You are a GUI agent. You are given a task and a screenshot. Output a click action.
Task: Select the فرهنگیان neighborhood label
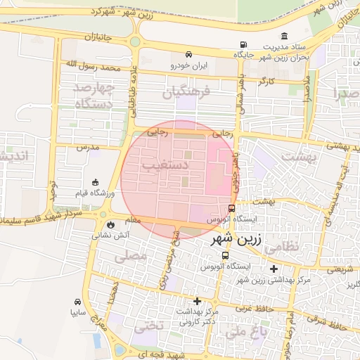point(188,92)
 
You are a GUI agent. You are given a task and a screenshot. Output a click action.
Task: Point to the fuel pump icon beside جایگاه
point(243,44)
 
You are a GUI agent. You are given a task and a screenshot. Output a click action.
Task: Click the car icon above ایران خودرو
point(188,55)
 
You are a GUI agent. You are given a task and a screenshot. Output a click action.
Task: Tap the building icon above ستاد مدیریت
point(284,37)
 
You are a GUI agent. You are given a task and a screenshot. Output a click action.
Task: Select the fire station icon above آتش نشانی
point(110,224)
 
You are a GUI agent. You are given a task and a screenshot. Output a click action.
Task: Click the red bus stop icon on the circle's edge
point(232,208)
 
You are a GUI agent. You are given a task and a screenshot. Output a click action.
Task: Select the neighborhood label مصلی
point(131,258)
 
